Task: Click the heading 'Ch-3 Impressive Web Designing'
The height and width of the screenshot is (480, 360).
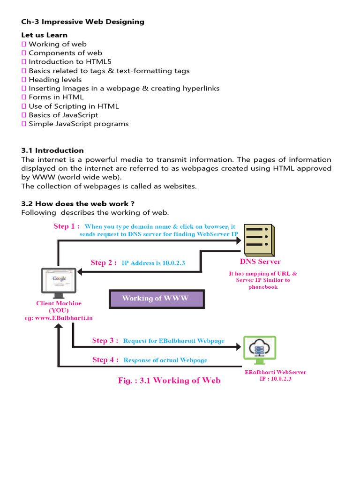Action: click(82, 22)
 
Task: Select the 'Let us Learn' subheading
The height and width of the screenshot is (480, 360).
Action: click(44, 35)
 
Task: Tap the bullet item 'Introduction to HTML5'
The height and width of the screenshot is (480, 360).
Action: click(70, 62)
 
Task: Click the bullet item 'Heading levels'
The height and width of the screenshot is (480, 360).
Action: click(55, 80)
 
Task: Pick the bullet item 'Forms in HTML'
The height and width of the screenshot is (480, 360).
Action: click(56, 97)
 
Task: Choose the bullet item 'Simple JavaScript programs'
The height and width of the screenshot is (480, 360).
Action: click(78, 124)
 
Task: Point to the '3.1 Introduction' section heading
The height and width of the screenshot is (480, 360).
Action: click(52, 150)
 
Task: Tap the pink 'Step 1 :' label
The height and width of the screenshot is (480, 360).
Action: click(66, 226)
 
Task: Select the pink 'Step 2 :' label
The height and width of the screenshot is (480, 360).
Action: click(104, 262)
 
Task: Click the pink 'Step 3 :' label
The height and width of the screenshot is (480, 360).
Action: click(105, 341)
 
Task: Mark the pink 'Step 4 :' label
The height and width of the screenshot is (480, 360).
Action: click(105, 360)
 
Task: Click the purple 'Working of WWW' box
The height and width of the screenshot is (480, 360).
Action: click(155, 299)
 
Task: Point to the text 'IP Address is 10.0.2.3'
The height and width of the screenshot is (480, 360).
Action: click(153, 263)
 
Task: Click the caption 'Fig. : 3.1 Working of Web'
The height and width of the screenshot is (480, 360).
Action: click(169, 380)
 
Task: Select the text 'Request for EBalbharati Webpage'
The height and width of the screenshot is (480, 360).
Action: click(173, 341)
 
